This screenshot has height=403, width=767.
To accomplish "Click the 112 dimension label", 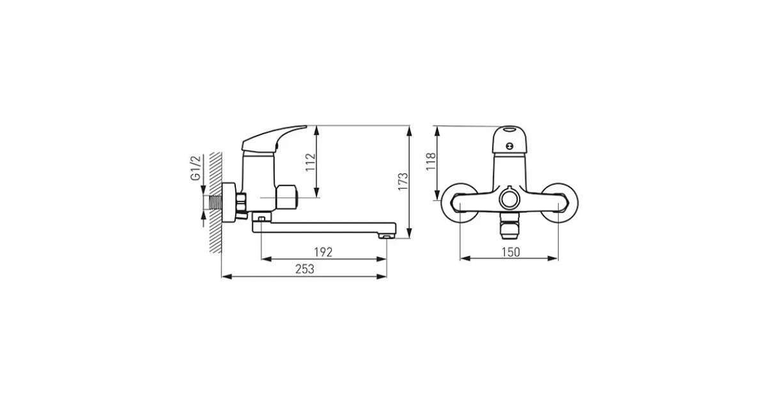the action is (310, 162).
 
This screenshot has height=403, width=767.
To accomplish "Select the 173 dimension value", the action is (403, 181).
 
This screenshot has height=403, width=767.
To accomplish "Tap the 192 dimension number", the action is (323, 252).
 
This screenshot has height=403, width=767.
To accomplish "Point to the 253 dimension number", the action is (305, 269).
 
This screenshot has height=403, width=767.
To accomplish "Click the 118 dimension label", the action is (431, 161).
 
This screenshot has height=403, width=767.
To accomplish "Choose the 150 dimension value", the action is (511, 252).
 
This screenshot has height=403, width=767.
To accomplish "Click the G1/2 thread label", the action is (195, 168).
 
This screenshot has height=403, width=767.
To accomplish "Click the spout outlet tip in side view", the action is (387, 236).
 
